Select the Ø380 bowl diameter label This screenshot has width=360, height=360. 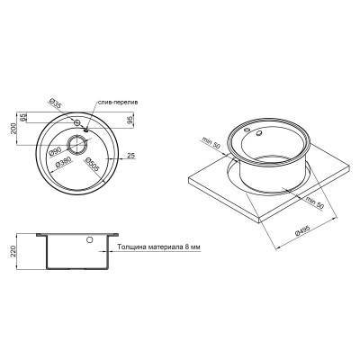[63, 164]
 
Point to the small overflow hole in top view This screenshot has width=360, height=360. [77, 121]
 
